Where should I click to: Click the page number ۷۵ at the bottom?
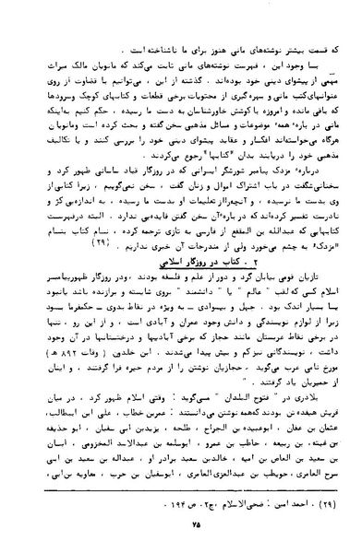click(181, 536)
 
